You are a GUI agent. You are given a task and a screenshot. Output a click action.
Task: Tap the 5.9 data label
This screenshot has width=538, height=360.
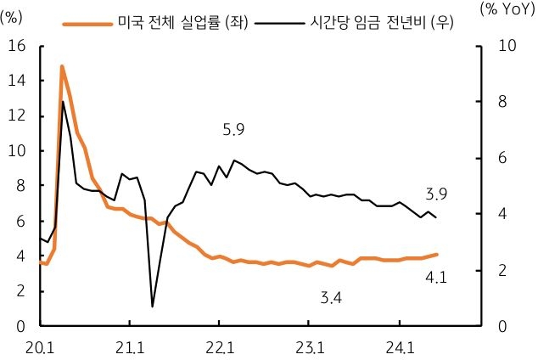(233, 130)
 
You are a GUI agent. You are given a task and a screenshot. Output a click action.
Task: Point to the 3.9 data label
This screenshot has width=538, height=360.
(437, 194)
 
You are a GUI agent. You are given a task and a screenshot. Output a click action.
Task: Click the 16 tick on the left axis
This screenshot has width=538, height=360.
(16, 46)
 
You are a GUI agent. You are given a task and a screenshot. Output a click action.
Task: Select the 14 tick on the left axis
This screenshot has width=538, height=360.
(16, 81)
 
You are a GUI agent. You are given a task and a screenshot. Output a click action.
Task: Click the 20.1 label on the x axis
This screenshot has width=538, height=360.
(40, 347)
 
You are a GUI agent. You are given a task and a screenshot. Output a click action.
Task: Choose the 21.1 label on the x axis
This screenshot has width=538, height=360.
(129, 347)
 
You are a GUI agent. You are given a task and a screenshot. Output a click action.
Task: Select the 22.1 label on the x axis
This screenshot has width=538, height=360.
(219, 347)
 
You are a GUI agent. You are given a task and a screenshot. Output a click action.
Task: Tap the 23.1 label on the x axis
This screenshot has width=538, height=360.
(309, 347)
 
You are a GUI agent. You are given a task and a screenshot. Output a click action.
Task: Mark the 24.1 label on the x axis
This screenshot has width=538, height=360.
(399, 347)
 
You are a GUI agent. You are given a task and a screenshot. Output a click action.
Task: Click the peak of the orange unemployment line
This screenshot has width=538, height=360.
(62, 66)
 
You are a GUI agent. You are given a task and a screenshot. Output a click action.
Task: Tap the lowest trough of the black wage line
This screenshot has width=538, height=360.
(152, 306)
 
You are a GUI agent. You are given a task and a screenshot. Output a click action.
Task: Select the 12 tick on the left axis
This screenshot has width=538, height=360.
(16, 116)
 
